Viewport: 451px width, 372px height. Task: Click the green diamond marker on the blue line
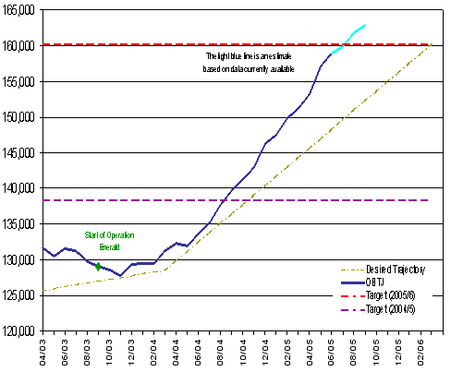coord(98,267)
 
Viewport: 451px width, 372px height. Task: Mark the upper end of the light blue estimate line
coord(365,25)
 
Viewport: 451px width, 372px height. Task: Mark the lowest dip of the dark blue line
coord(121,275)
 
